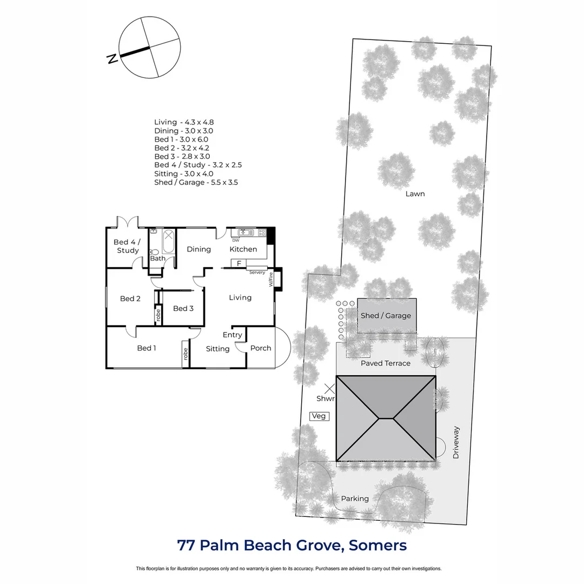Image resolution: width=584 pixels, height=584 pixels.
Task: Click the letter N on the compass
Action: [112, 59]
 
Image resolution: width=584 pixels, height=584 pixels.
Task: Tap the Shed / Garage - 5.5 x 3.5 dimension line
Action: [196, 182]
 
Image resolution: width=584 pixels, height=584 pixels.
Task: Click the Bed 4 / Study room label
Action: [128, 247]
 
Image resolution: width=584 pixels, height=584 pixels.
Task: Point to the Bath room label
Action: [158, 258]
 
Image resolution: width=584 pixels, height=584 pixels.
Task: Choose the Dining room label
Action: [198, 249]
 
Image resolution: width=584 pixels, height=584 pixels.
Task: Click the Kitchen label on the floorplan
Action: [243, 249]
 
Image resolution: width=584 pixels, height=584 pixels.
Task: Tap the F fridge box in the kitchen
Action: [238, 263]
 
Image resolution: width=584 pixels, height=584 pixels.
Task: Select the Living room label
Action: [240, 297]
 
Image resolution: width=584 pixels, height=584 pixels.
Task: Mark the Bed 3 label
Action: [183, 308]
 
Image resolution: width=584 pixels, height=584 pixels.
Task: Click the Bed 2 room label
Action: [130, 298]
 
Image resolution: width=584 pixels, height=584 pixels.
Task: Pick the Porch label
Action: [261, 348]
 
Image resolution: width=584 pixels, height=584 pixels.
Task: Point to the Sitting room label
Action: [218, 349]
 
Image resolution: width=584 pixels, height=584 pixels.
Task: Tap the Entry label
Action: [233, 335]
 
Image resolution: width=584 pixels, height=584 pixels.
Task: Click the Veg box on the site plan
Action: [319, 416]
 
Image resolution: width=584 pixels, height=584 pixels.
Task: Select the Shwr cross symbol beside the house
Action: [329, 389]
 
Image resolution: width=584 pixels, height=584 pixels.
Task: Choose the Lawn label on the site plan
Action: [415, 194]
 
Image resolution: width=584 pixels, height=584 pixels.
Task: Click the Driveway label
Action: [456, 443]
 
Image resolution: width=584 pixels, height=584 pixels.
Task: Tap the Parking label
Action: [355, 499]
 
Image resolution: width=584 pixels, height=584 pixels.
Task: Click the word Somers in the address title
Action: [377, 545]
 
